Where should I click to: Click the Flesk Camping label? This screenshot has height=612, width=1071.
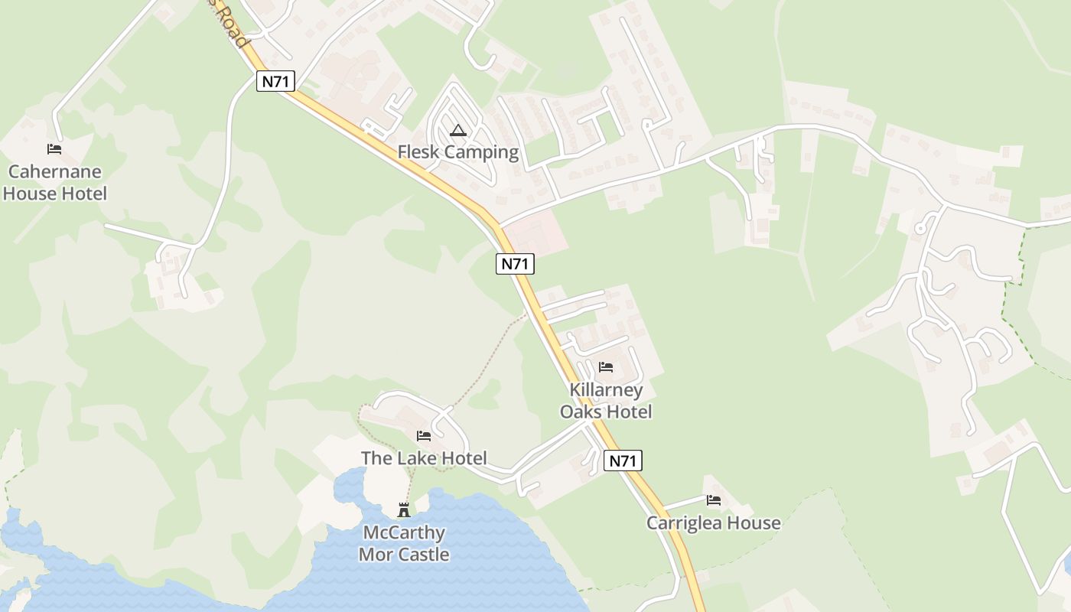[x=457, y=152]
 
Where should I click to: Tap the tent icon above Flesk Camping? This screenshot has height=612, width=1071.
[x=457, y=130]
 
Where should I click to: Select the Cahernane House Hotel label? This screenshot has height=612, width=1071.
[x=54, y=183]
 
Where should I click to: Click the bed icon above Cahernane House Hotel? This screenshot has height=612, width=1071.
[x=54, y=149]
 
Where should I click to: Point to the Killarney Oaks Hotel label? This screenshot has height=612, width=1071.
[x=606, y=401]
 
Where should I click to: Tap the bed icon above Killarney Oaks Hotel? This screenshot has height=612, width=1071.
[x=606, y=367]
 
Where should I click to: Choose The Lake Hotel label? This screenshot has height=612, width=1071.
[x=424, y=458]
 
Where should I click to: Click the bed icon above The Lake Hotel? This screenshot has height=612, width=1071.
[x=424, y=436]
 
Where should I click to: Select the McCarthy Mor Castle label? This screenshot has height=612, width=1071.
[x=404, y=544]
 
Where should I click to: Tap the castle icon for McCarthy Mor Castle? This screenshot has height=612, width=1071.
[x=404, y=510]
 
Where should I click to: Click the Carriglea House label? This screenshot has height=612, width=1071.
[x=713, y=523]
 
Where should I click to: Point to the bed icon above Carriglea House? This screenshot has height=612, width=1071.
[x=714, y=500]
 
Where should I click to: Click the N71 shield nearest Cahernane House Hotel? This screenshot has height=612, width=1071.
[x=275, y=81]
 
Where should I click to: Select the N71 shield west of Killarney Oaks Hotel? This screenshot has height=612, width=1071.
[x=515, y=264]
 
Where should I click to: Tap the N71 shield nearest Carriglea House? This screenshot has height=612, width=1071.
[x=623, y=461]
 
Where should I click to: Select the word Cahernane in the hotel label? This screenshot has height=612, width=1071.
[x=54, y=172]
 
